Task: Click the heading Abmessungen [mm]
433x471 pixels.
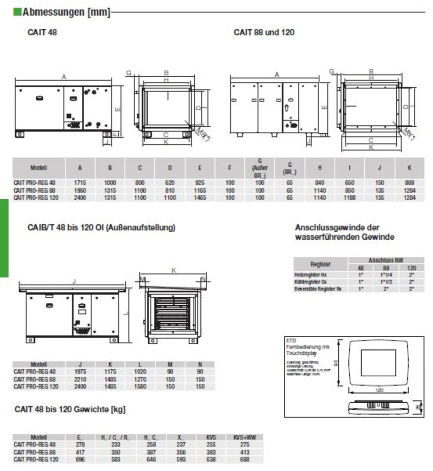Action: coord(66,13)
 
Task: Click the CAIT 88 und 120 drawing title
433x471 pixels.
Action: coord(264,32)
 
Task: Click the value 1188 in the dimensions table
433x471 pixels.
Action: coord(350,198)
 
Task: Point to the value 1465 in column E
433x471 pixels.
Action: coord(200,198)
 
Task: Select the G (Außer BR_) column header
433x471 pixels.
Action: coord(260,167)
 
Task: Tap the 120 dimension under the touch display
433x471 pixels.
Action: coord(379,390)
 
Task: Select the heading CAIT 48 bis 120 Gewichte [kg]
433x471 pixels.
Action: coord(70,409)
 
